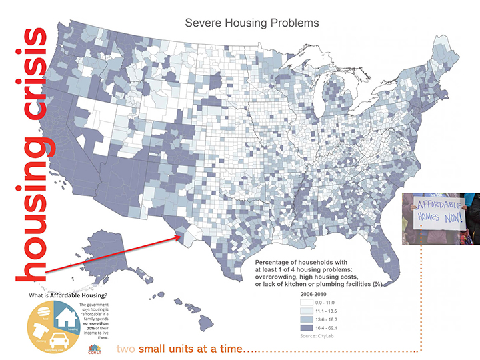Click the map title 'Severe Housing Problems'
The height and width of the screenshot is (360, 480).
252,23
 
